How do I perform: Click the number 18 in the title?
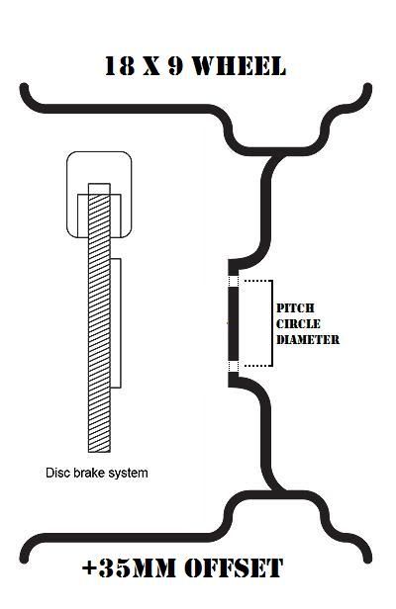[120, 65]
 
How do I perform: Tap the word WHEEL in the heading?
[240, 65]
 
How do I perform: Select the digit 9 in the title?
[175, 65]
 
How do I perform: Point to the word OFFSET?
[234, 567]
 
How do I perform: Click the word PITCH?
[295, 308]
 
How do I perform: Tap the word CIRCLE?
[298, 323]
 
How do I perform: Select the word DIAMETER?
[308, 339]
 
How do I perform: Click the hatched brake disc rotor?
[99, 317]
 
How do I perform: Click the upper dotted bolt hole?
[233, 281]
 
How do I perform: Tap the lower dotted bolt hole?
[233, 366]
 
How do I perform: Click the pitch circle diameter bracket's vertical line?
[272, 323]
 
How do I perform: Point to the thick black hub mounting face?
[233, 323]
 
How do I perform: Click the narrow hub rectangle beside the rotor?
[116, 323]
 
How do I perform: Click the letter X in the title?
[151, 66]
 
